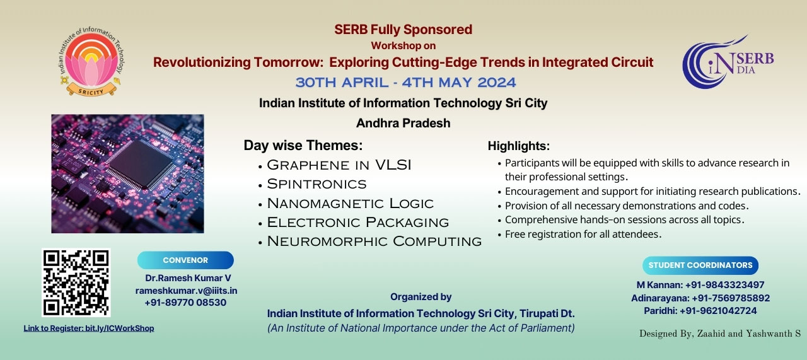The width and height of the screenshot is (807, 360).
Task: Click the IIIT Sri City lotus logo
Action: (x=91, y=61)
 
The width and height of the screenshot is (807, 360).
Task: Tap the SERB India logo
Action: (x=728, y=62)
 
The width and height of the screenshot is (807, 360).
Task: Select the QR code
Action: (x=76, y=283)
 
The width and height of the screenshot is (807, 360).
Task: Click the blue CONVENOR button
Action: (x=185, y=260)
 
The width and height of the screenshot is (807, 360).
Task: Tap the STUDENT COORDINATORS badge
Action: (x=700, y=265)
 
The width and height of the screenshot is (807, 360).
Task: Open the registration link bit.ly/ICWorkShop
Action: (x=89, y=328)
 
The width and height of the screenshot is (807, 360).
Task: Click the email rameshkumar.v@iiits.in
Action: (x=186, y=291)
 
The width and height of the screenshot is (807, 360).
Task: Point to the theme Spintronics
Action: (x=316, y=184)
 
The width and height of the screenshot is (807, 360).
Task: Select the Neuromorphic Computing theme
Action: (x=374, y=241)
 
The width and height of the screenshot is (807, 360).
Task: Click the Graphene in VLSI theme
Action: (x=339, y=165)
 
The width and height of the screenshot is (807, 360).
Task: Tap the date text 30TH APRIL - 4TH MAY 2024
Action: (x=405, y=83)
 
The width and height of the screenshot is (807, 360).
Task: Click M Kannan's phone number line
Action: (x=700, y=285)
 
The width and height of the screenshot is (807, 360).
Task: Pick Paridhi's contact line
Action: (x=700, y=311)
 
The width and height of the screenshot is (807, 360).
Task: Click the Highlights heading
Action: (x=519, y=146)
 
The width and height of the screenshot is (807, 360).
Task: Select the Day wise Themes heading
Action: (x=303, y=145)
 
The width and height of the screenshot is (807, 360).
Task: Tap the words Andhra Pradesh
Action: (x=403, y=123)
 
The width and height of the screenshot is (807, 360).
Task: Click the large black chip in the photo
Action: (x=141, y=165)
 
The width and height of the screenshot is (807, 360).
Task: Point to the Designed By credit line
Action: (x=720, y=334)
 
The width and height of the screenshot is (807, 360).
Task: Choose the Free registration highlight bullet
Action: (x=583, y=235)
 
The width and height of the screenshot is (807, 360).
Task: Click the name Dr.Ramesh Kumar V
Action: (x=188, y=278)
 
